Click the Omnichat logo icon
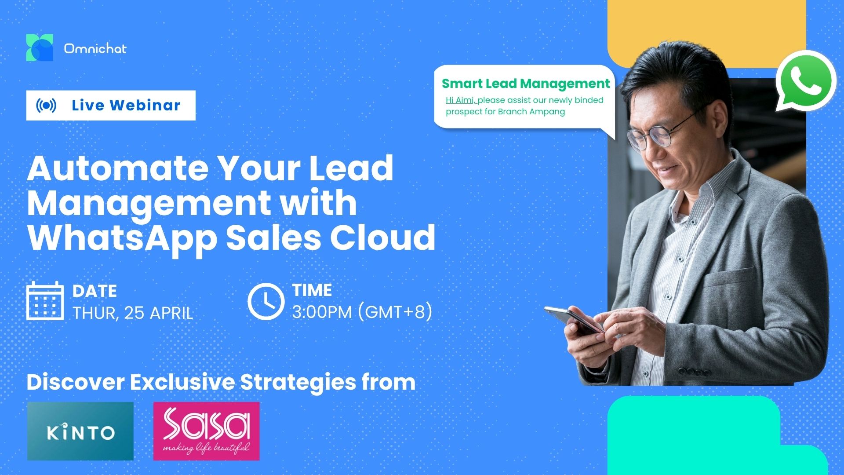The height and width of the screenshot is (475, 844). [x=40, y=47]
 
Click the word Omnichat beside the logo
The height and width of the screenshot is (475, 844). [x=95, y=48]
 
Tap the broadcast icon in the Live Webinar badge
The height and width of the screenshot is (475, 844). [x=46, y=106]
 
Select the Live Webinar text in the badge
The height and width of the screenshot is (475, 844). [x=126, y=106]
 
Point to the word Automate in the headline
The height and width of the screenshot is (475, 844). [x=118, y=168]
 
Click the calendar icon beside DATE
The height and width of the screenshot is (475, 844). [x=45, y=301]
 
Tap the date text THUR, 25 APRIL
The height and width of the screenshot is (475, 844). [x=133, y=313]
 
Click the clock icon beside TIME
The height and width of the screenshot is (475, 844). [x=266, y=301]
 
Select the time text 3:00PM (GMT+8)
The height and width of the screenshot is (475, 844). [x=362, y=312]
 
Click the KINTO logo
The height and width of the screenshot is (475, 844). [x=80, y=431]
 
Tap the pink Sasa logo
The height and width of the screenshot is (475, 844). [x=207, y=431]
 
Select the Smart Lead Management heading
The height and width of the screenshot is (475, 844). [x=526, y=84]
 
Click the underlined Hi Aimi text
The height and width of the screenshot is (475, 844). [x=460, y=100]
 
